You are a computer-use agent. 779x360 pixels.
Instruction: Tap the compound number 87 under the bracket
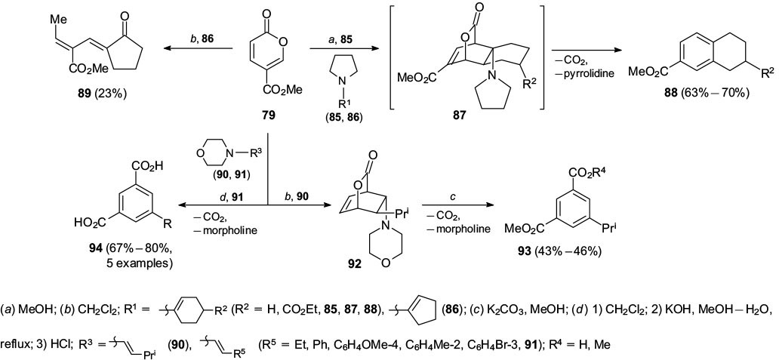pyautogui.click(x=450, y=118)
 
